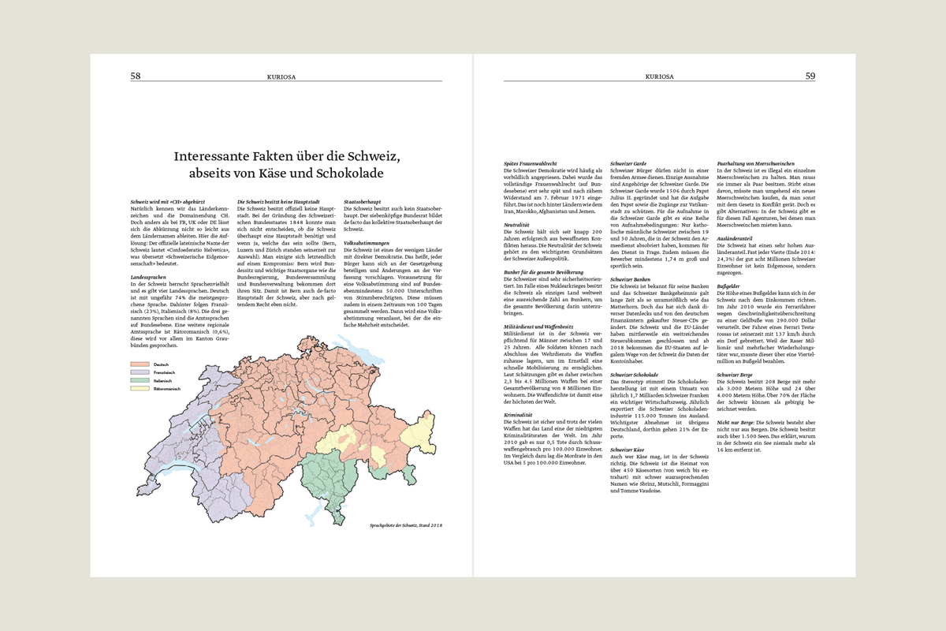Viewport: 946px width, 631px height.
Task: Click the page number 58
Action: coord(136,76)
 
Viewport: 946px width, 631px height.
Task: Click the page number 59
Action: coord(810,76)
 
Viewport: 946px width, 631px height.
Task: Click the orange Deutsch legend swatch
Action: coord(140,364)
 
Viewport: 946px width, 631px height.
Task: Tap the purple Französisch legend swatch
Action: coord(140,372)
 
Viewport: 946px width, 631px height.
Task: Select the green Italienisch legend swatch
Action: coord(140,380)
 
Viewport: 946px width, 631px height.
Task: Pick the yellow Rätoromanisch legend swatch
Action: coord(140,389)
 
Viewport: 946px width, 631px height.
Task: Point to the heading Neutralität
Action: coord(517,225)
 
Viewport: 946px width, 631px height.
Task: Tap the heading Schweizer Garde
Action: coord(628,163)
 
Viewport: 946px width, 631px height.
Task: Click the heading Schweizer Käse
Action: coord(628,449)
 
